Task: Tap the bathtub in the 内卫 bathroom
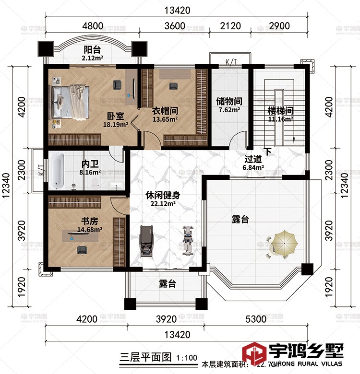58,171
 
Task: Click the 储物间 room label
228,101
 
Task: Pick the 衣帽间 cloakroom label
165,110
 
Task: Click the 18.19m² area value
115,124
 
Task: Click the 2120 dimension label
229,26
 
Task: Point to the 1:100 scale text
187,357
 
